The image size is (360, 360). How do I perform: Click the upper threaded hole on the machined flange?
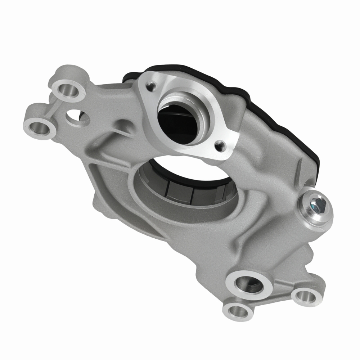pos(149,85)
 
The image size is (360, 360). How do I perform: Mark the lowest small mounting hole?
pos(238,309)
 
